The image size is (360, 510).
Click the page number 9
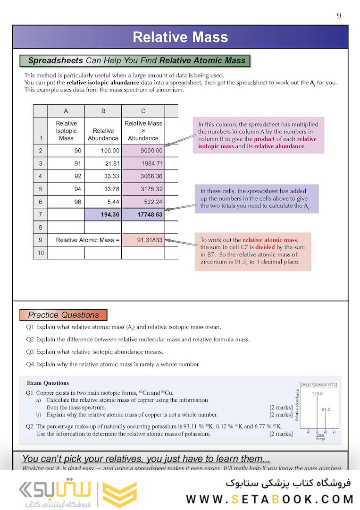tap(339, 16)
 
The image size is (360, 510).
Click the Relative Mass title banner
tap(180, 37)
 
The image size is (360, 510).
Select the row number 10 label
tap(40, 253)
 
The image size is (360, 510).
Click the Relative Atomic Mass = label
tap(88, 240)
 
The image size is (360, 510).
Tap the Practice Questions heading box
tap(63, 315)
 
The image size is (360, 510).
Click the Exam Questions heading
tap(48, 383)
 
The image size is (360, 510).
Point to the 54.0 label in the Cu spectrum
tap(326, 409)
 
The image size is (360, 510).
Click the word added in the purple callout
tap(298, 191)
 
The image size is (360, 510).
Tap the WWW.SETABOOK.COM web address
tap(270, 499)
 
